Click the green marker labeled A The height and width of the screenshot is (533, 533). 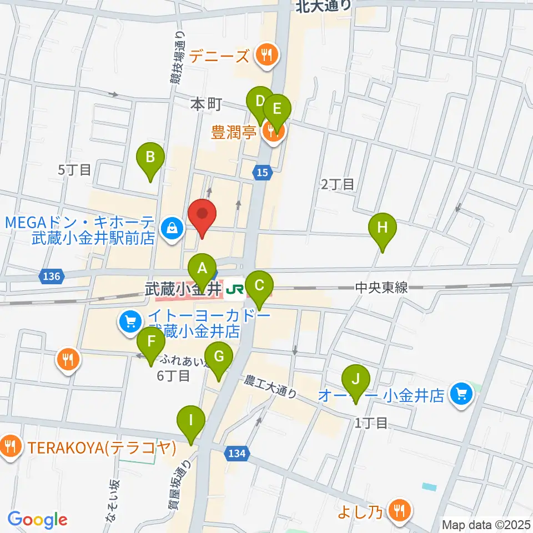click(x=202, y=269)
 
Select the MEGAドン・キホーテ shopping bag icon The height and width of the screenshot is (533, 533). click(x=173, y=228)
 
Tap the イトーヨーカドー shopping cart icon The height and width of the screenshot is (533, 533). click(x=130, y=321)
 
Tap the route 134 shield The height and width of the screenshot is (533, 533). click(x=237, y=454)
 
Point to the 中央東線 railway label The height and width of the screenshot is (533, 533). click(x=381, y=288)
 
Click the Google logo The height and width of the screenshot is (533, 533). click(x=37, y=520)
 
